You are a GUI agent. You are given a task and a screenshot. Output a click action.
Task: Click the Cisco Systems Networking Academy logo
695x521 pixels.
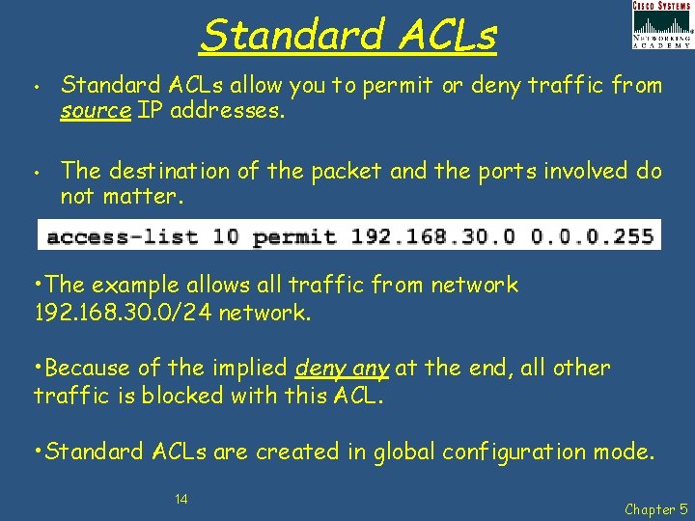click(x=661, y=25)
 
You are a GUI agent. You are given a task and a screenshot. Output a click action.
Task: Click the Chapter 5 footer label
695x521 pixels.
click(x=657, y=508)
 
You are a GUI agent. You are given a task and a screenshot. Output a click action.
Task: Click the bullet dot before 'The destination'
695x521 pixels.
click(x=34, y=175)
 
